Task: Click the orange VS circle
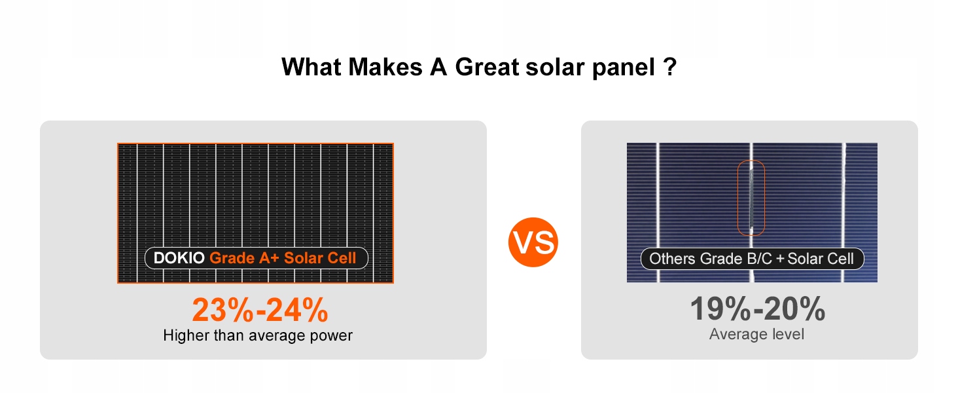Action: [533, 242]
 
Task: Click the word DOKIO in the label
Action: [179, 258]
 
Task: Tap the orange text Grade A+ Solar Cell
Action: [283, 258]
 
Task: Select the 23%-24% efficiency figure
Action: [260, 310]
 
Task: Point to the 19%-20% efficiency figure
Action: [757, 309]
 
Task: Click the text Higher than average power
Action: [258, 335]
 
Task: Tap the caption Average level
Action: [756, 334]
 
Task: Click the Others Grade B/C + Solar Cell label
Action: [752, 259]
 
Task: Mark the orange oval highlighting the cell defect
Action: [737, 198]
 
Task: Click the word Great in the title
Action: [487, 67]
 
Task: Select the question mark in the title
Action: [670, 67]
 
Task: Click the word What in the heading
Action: [311, 67]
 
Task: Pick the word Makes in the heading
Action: [385, 67]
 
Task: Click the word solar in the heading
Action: [555, 67]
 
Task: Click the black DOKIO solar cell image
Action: [255, 213]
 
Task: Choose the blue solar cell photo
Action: [752, 212]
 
